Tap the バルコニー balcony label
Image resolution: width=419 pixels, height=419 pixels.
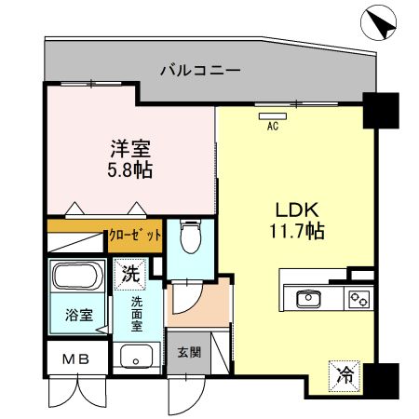pyautogui.click(x=200, y=69)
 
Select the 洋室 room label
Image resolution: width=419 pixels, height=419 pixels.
pyautogui.click(x=129, y=149)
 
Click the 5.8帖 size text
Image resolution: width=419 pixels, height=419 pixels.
pyautogui.click(x=129, y=171)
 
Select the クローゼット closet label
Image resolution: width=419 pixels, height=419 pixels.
pyautogui.click(x=136, y=237)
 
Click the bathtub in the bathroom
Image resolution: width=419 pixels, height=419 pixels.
pyautogui.click(x=77, y=277)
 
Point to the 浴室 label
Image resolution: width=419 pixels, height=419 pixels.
pyautogui.click(x=77, y=315)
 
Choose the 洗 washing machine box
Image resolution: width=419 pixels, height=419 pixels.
pyautogui.click(x=129, y=275)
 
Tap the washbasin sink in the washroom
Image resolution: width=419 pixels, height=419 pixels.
pyautogui.click(x=138, y=356)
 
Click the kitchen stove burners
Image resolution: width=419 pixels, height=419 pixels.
pyautogui.click(x=358, y=298)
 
